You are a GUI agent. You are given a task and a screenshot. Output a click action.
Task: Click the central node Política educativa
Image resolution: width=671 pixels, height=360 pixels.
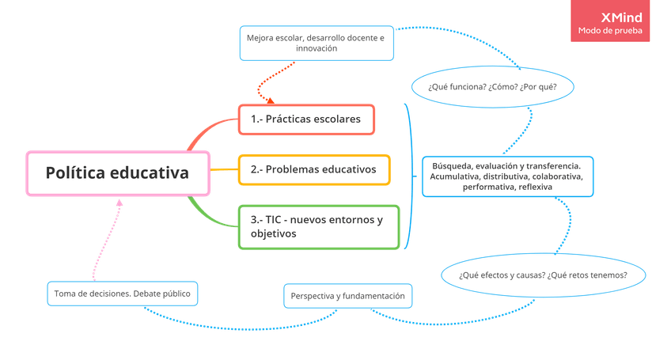[x=118, y=172]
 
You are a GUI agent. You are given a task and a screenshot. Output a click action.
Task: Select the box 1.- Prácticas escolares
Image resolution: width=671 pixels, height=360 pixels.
[x=307, y=120]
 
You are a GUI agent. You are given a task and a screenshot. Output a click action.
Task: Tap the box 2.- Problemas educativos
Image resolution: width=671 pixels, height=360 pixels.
[x=314, y=169]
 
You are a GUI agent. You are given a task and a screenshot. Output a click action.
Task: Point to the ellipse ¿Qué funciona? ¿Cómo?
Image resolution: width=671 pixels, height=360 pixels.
[x=491, y=86]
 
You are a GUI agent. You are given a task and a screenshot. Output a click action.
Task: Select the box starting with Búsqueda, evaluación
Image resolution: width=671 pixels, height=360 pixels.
[x=507, y=176]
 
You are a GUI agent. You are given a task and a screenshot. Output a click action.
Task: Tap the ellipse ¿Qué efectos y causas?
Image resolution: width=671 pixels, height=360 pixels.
[x=543, y=275]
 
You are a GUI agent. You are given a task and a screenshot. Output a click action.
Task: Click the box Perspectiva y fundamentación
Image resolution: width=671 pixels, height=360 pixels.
[x=347, y=296]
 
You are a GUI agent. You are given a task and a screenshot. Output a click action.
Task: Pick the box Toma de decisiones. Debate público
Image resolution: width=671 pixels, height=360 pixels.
[x=123, y=294]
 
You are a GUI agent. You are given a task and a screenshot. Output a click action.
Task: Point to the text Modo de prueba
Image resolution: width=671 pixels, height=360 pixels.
[x=610, y=32]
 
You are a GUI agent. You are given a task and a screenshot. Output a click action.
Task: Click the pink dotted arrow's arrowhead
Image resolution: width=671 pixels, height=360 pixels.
[x=119, y=203]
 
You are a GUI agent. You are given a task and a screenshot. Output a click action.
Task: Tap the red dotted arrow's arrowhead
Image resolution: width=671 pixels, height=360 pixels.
[x=271, y=100]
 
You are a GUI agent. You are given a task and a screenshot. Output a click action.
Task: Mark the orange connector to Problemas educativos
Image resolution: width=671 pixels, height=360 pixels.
[x=225, y=169]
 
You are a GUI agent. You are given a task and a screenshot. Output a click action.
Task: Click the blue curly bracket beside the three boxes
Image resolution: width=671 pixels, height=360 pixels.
[x=409, y=174]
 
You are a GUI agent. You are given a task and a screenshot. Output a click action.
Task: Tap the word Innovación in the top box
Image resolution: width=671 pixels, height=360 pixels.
[x=317, y=49]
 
